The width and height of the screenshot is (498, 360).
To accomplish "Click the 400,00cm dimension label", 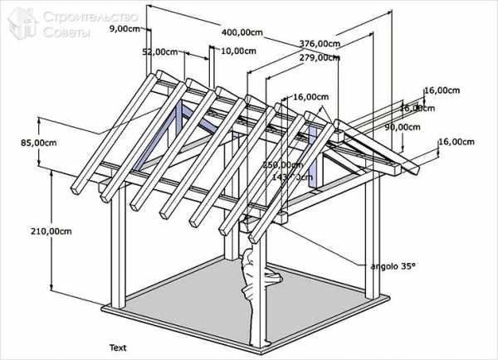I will click(x=243, y=32).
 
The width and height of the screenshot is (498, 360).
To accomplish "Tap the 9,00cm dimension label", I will click(x=124, y=28).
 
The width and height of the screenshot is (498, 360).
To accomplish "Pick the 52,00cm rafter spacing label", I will click(x=160, y=51).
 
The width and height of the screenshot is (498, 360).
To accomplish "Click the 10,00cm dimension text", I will click(x=239, y=51).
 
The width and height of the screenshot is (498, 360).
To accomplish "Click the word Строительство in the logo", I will click(x=79, y=14).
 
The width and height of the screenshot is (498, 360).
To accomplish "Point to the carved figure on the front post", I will click(x=247, y=274).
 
